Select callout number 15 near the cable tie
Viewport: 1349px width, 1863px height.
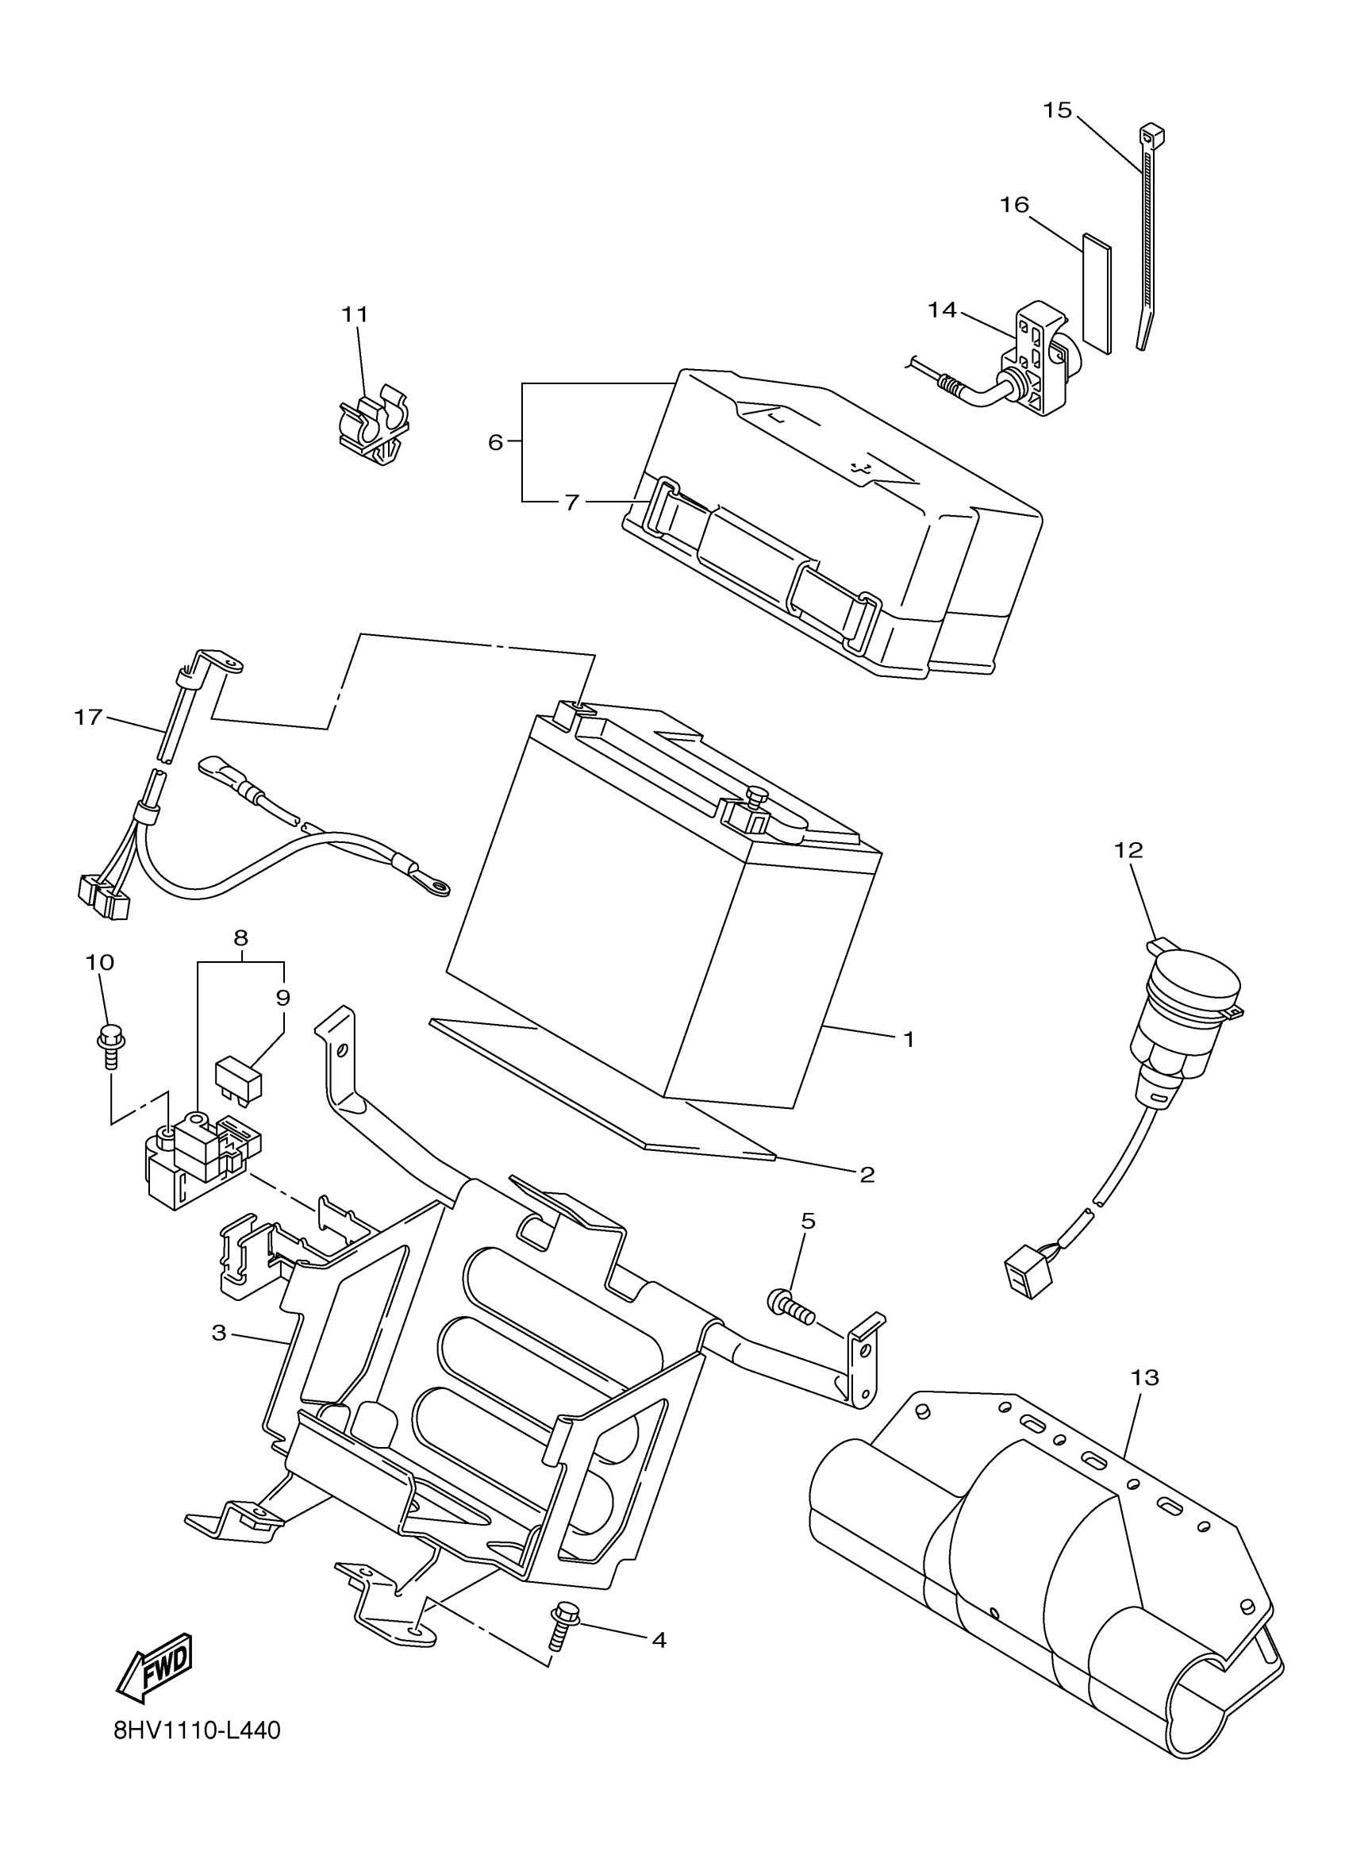1059,110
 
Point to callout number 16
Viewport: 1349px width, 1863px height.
1015,205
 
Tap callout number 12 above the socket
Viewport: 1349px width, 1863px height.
1128,850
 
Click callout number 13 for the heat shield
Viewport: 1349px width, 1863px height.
1144,1377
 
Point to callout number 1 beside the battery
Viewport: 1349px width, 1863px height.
908,1039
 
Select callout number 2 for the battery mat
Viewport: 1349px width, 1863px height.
867,1175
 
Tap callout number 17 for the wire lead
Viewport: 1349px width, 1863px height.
88,717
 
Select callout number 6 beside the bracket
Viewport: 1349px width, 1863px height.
495,442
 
